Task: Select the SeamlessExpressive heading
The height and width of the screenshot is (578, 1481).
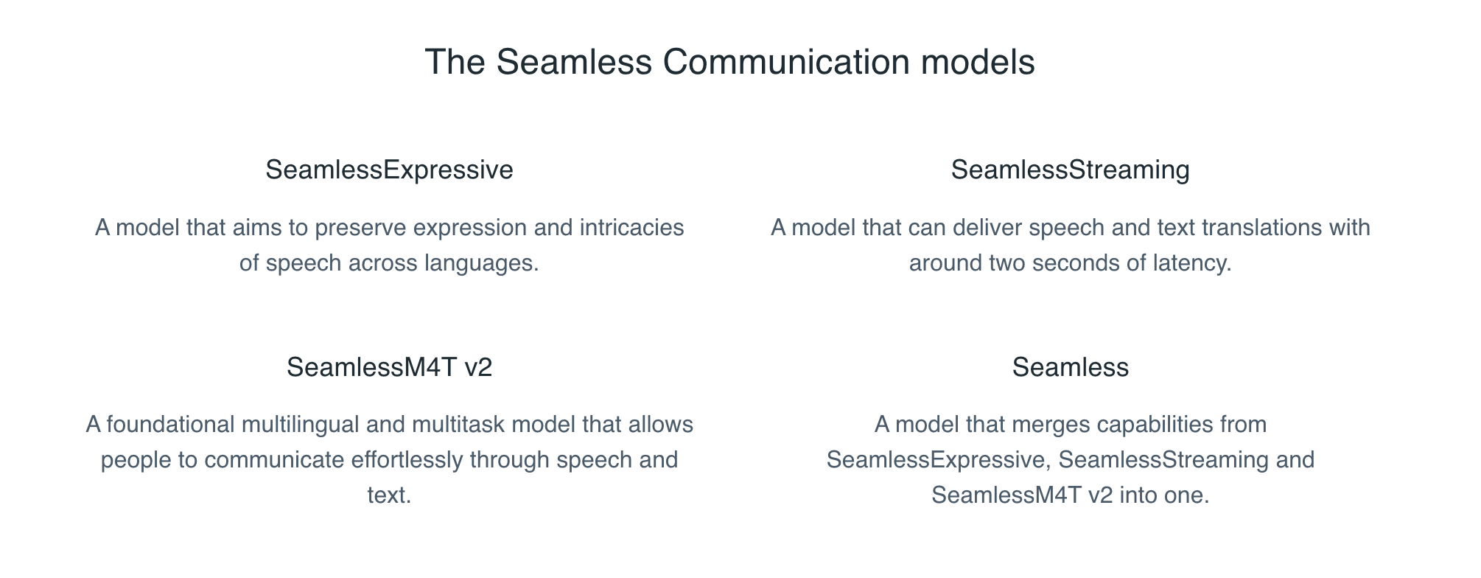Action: click(x=389, y=170)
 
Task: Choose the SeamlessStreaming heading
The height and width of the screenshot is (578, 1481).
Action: click(x=1070, y=170)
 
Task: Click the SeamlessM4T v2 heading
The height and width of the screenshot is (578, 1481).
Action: click(x=389, y=367)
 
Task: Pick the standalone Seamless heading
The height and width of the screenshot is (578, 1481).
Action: click(x=1070, y=367)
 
